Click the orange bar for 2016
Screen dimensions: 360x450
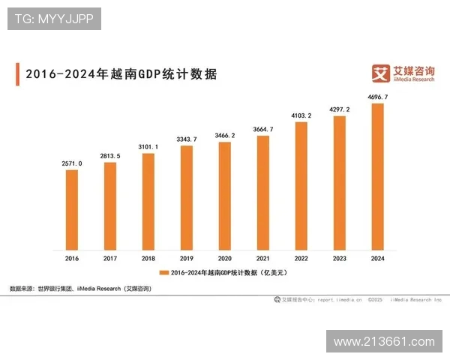tap(72, 209)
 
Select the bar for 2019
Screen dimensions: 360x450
tap(187, 197)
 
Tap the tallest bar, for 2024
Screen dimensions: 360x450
tap(377, 176)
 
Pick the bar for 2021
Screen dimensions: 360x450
tap(262, 192)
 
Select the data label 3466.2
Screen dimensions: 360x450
tap(225, 135)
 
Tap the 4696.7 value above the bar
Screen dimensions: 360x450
tap(377, 97)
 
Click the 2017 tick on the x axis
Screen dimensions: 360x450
tap(110, 258)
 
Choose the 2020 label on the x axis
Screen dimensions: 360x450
tap(225, 258)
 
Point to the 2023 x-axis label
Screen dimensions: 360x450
tap(339, 258)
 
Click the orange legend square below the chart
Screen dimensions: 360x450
tap(163, 271)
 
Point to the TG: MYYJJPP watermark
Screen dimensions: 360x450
tap(54, 19)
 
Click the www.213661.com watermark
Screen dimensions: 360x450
tap(384, 341)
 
